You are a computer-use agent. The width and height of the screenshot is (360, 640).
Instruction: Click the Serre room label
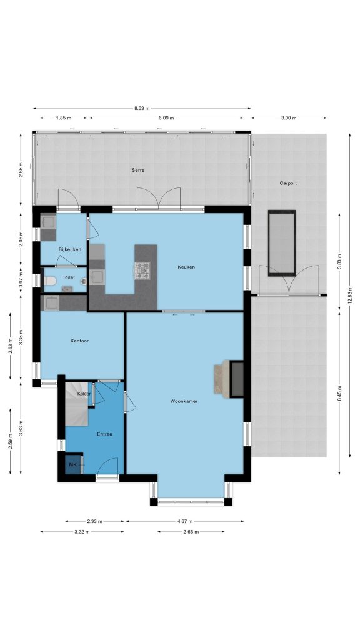138,170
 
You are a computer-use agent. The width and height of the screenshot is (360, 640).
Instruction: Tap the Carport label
288,183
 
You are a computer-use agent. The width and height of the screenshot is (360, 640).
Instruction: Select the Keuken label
186,267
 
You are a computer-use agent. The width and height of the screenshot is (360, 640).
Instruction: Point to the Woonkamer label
184,401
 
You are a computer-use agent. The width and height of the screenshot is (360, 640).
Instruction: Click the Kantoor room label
79,341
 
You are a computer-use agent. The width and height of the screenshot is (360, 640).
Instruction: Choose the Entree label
104,434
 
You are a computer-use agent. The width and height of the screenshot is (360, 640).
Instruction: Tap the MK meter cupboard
74,464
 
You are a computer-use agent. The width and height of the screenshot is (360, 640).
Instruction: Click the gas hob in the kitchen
142,271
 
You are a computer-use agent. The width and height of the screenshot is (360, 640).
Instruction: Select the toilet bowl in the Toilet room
50,281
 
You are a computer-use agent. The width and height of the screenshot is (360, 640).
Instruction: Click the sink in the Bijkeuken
49,222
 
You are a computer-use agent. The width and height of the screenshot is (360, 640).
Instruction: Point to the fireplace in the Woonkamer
236,379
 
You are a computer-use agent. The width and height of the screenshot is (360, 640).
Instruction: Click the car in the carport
282,243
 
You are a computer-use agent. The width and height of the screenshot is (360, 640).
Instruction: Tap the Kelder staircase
77,404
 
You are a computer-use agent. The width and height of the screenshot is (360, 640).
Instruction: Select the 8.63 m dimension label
142,108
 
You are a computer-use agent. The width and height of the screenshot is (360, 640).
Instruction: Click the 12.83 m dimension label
350,295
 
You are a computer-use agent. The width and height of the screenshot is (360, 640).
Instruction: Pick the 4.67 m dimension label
185,521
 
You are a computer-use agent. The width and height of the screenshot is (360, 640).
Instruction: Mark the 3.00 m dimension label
289,118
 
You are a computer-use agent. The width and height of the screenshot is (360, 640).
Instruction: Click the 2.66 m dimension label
191,532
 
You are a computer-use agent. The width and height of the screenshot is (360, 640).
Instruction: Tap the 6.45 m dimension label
339,393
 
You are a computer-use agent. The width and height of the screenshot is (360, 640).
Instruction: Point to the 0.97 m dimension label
21,281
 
